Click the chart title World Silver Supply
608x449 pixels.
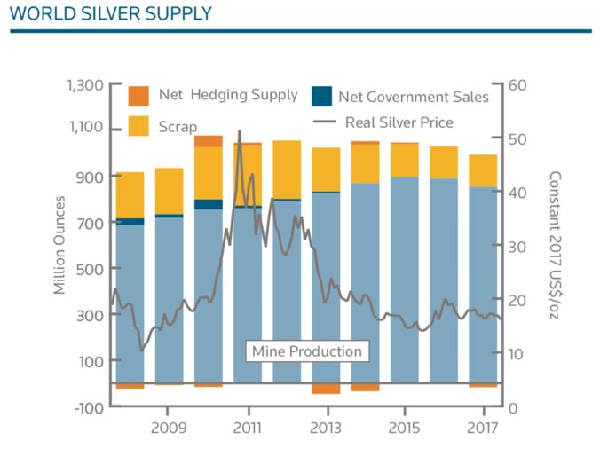[x=111, y=13]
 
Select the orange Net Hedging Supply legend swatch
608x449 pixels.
[x=139, y=96]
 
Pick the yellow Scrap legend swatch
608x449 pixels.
[x=139, y=126]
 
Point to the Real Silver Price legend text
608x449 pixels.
[x=399, y=122]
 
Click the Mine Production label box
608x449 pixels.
[x=306, y=351]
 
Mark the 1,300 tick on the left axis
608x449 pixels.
[x=84, y=85]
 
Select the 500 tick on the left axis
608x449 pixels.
[x=91, y=269]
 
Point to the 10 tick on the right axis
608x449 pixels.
[x=520, y=353]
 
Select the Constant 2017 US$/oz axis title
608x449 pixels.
[x=556, y=245]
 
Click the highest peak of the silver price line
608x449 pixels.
[x=239, y=131]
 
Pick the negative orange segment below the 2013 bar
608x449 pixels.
[x=326, y=389]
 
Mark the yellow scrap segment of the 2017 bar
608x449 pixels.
[x=483, y=170]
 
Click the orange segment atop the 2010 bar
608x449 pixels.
[x=209, y=141]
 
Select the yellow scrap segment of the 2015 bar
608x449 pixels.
[x=405, y=160]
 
